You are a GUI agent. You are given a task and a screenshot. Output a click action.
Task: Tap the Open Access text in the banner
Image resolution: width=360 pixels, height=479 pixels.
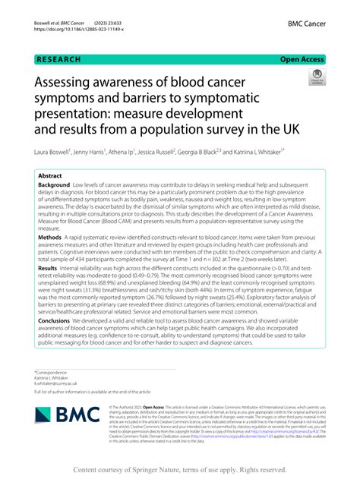[302, 58]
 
